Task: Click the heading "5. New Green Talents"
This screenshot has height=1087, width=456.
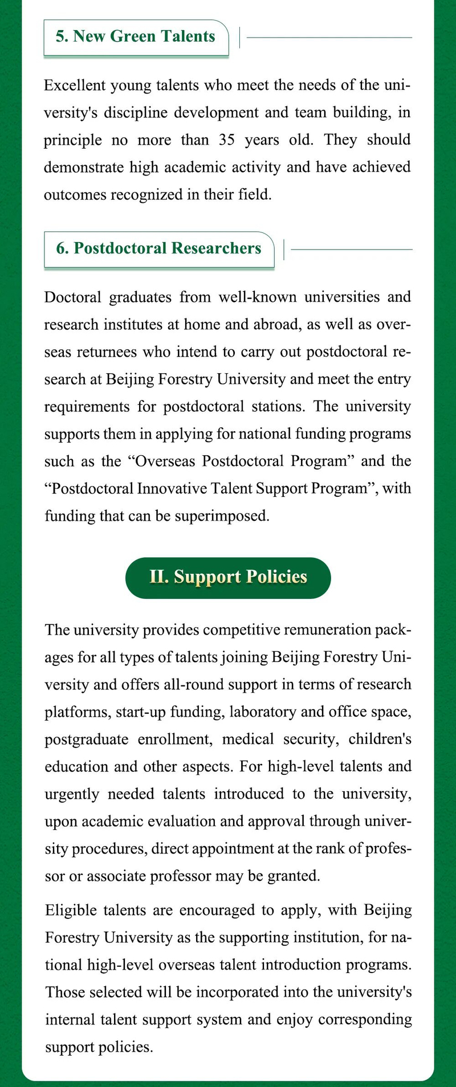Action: tap(136, 36)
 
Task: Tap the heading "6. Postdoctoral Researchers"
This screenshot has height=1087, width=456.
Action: tap(159, 248)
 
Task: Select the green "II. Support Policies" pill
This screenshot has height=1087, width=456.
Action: tap(228, 577)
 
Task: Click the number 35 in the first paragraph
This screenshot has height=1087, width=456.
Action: tap(227, 140)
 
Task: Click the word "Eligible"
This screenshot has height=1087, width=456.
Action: tap(70, 910)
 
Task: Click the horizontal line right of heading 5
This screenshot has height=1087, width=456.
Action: tap(329, 38)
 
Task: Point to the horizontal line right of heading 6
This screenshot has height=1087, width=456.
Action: tap(351, 250)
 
